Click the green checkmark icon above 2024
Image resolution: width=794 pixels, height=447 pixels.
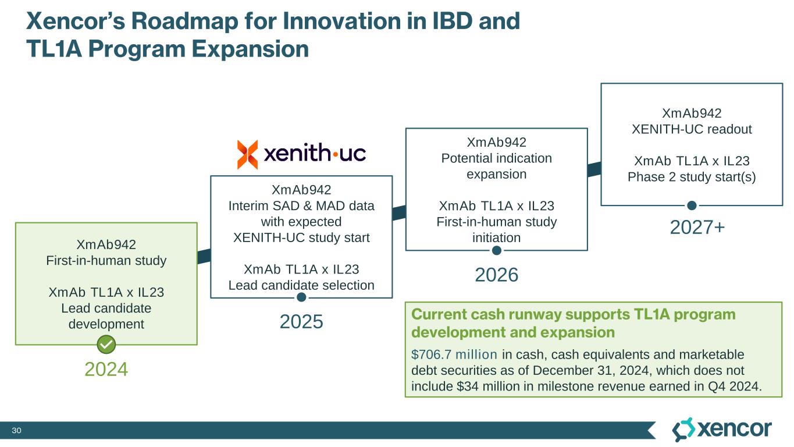[106, 344]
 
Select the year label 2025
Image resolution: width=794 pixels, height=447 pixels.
[301, 322]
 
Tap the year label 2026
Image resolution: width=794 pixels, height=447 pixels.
[496, 275]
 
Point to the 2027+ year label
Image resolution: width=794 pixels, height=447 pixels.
[697, 228]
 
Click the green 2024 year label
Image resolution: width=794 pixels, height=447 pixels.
[106, 370]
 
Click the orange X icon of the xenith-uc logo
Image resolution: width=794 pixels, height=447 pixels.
[247, 154]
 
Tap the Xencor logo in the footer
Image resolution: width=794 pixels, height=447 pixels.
[722, 430]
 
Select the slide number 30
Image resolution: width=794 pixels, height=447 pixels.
[17, 430]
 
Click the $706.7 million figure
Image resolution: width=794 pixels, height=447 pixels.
[454, 354]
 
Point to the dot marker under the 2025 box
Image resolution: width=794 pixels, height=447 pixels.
[301, 297]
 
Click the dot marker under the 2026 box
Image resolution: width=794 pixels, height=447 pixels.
[497, 250]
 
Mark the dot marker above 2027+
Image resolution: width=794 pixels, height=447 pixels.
[692, 205]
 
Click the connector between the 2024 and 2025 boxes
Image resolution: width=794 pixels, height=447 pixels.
[204, 257]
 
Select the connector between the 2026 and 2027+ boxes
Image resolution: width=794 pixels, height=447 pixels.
[594, 169]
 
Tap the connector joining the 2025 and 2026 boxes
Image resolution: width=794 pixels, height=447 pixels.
[399, 213]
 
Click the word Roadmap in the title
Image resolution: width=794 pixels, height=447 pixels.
[184, 22]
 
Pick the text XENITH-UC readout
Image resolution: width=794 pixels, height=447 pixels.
[692, 129]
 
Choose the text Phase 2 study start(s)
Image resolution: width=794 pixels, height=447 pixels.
[692, 177]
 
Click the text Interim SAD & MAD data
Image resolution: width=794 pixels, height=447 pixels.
[301, 206]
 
